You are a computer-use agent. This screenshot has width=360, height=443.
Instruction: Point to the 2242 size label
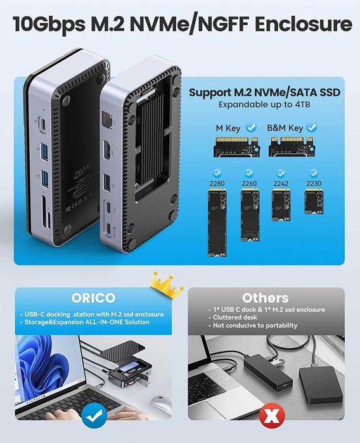tap(280, 184)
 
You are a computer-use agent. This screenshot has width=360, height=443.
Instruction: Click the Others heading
tap(264, 298)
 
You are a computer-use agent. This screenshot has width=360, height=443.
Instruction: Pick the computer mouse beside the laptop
tap(161, 403)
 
